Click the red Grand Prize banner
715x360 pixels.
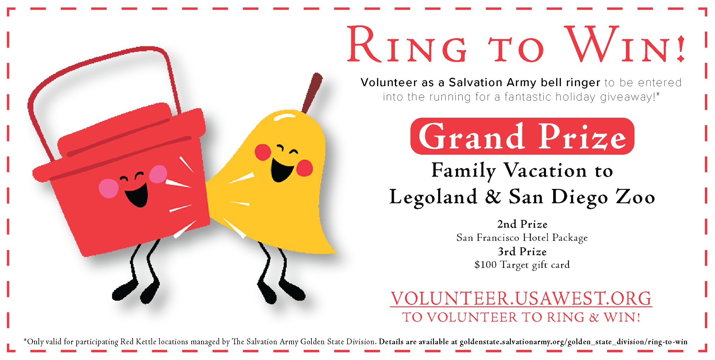tap(522, 136)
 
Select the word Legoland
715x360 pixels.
tap(433, 197)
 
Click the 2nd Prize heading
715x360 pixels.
tap(522, 224)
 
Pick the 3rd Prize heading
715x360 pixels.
tap(522, 251)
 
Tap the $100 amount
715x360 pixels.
tap(485, 265)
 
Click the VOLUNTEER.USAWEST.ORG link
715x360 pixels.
tap(521, 299)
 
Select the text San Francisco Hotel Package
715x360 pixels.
tap(522, 238)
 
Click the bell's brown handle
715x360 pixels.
tap(312, 93)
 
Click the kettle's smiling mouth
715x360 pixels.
tap(137, 196)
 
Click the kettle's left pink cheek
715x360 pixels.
tap(109, 189)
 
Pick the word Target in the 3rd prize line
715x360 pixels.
tap(515, 265)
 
